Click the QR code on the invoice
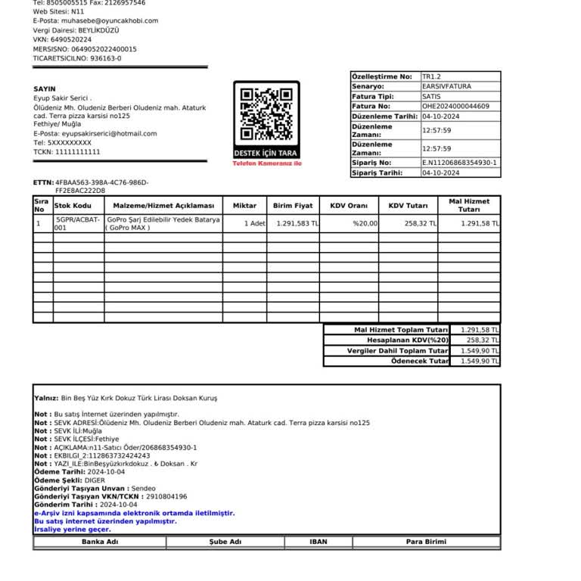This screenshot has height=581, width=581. (x=266, y=115)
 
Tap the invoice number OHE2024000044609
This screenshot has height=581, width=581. (x=455, y=107)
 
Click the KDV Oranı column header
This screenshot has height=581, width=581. (x=348, y=206)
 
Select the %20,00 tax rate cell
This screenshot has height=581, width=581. (x=365, y=224)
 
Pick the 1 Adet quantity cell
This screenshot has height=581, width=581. (x=255, y=224)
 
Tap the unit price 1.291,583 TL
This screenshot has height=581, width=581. (x=297, y=224)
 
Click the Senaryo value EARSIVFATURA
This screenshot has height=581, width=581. (x=446, y=87)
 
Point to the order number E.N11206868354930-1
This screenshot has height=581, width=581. (x=459, y=163)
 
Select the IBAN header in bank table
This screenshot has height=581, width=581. (x=318, y=542)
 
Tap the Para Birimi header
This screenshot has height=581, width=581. (x=426, y=542)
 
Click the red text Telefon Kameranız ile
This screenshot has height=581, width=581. (x=266, y=163)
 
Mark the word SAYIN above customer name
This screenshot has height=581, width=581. (x=45, y=89)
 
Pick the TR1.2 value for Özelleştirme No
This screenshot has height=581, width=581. (x=431, y=76)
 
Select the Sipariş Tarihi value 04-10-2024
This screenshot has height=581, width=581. (x=441, y=173)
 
